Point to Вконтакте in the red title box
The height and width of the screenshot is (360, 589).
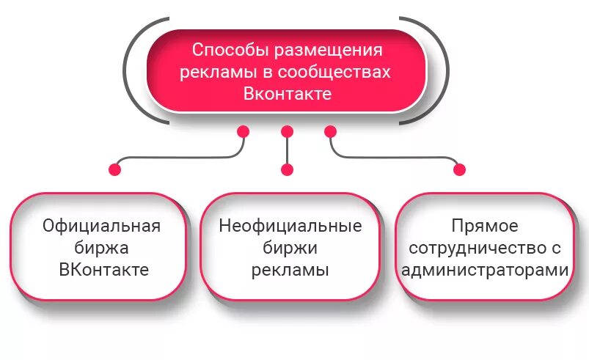(288, 95)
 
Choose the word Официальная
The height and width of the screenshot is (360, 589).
(101, 225)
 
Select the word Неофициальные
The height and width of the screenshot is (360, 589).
(290, 225)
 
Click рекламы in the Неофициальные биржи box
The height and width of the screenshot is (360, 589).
(290, 269)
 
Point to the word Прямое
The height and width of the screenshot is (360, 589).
(485, 225)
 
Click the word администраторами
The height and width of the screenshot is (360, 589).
(485, 269)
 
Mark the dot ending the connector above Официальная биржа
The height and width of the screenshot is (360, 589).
(115, 169)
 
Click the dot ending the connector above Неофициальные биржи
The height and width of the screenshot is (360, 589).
(287, 169)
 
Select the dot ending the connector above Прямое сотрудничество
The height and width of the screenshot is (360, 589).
(460, 169)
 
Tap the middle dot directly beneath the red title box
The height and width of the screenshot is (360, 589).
(287, 132)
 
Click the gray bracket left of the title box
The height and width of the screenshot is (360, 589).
(129, 70)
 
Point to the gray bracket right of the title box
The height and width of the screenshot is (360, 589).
(445, 70)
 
